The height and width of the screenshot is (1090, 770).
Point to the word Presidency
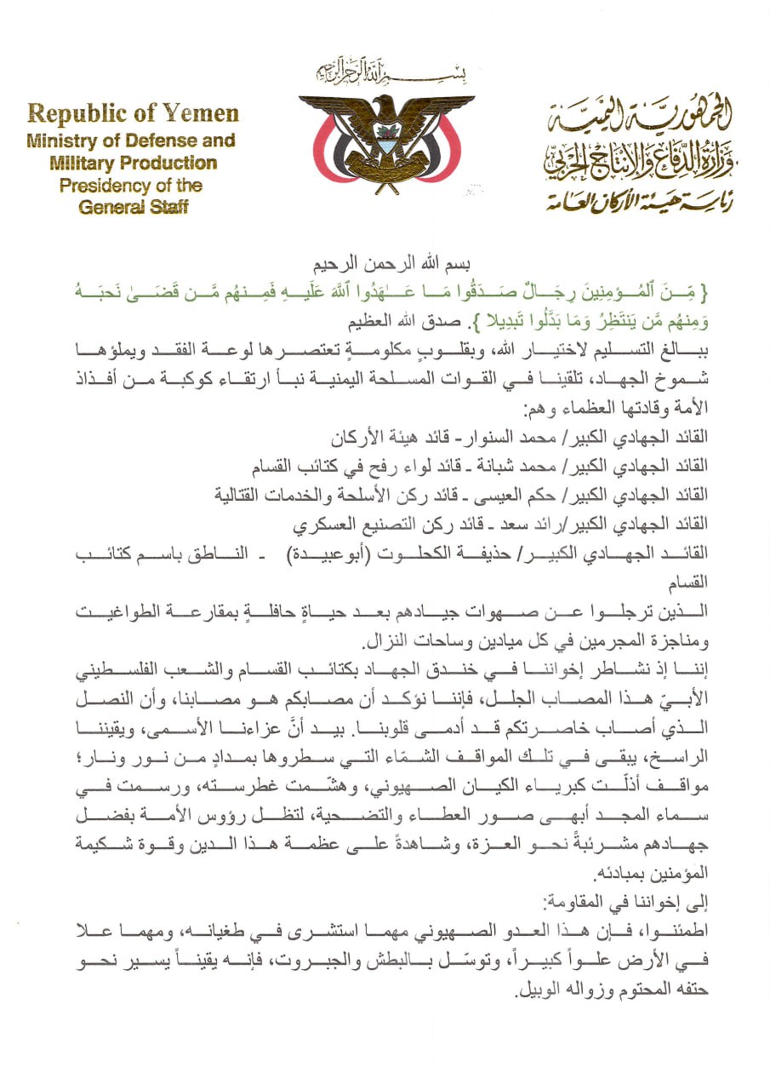(104, 185)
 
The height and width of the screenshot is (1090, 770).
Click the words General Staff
(133, 207)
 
